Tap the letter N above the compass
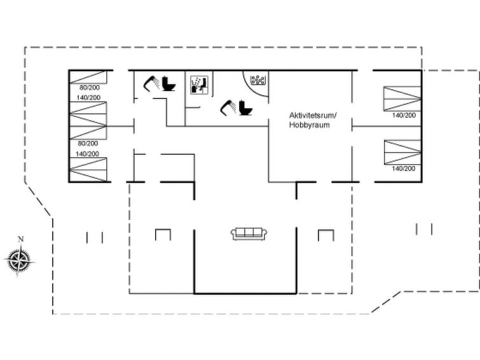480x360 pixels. point(21,239)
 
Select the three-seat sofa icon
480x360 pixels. point(249,234)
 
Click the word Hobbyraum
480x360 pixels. point(309,125)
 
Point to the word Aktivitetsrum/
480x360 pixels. point(313,116)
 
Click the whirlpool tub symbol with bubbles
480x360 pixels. point(257,80)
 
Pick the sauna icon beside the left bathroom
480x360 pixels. point(199,85)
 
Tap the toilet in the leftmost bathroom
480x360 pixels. point(168,83)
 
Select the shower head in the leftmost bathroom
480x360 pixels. point(151,84)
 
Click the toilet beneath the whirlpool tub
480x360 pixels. point(245,107)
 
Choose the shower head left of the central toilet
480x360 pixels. point(228,108)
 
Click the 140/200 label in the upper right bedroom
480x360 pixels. point(404,115)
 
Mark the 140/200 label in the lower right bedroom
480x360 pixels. point(404,168)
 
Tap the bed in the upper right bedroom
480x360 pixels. point(402,99)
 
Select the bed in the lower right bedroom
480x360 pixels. point(402,152)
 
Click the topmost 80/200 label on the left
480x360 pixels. point(90,87)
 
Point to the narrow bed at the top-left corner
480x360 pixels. point(88,77)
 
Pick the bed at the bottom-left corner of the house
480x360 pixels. point(88,170)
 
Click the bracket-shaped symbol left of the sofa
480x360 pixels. point(163,235)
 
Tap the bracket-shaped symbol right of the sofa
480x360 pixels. point(326,235)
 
